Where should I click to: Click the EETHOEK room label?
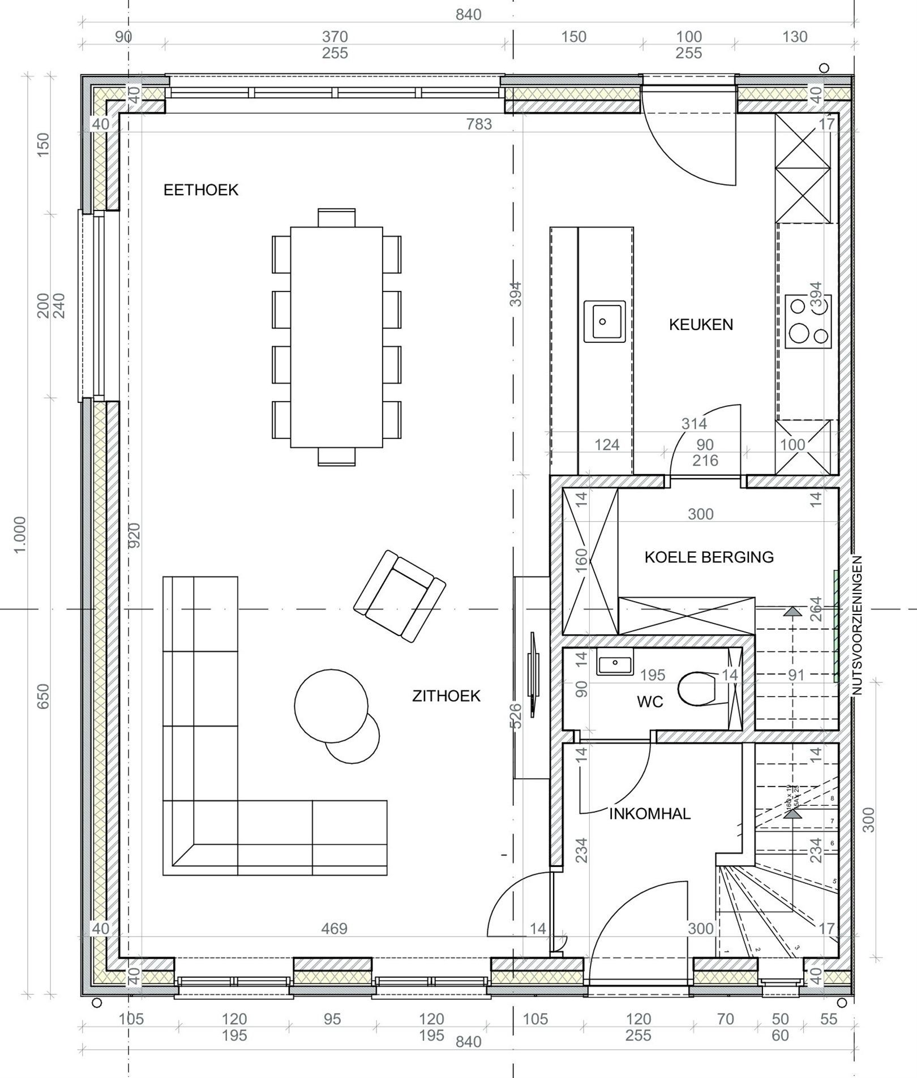(201, 190)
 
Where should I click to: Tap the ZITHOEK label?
(446, 696)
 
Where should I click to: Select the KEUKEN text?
(701, 325)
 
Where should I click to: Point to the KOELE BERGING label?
(709, 557)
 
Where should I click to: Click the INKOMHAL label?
(650, 814)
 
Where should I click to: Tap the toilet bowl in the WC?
(697, 689)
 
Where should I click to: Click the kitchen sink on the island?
(604, 321)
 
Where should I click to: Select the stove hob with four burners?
(808, 321)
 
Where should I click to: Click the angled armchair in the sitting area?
(400, 596)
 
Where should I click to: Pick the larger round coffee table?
(331, 706)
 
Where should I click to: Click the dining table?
(336, 337)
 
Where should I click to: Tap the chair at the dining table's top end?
(336, 218)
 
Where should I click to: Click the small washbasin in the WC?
(615, 662)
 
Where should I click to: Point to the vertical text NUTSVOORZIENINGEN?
(856, 625)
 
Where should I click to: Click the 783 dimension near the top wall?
(479, 124)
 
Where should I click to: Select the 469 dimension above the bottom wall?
(334, 929)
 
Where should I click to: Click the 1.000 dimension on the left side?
(20, 535)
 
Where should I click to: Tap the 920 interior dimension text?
(134, 535)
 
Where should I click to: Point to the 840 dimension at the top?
(468, 15)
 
